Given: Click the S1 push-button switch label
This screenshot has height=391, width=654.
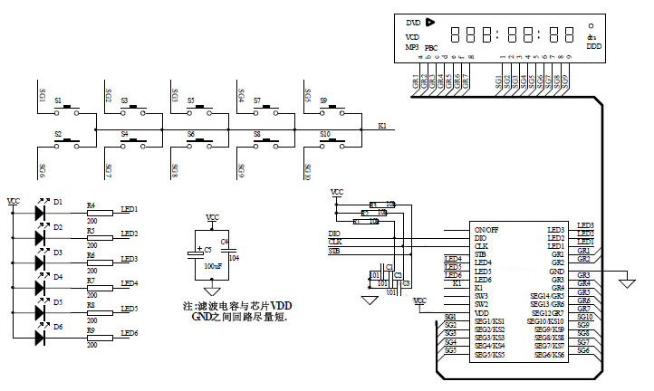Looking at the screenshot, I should tap(58, 100).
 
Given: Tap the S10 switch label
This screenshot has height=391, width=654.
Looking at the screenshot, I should tap(324, 133).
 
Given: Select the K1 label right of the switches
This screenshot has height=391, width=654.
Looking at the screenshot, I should tap(382, 126).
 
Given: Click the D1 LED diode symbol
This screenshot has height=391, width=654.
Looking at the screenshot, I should tap(40, 213).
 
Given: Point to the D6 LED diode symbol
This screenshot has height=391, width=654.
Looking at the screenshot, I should tap(40, 338).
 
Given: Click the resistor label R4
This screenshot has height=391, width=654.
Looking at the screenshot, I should tap(91, 205).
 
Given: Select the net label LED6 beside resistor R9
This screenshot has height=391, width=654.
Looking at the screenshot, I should tap(129, 333).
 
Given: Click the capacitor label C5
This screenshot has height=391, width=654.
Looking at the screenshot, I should tap(207, 248).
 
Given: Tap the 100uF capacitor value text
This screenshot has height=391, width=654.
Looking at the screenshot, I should tap(213, 266).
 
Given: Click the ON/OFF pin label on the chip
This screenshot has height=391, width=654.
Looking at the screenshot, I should tap(486, 230).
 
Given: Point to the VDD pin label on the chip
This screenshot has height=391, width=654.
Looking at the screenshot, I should tap(480, 312).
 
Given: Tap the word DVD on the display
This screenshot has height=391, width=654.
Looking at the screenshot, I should tap(413, 22).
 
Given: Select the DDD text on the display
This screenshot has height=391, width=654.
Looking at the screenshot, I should tap(593, 45).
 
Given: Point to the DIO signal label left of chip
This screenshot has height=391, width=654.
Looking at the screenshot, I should tap(334, 234).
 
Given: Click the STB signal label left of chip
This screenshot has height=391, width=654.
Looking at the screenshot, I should tap(334, 251).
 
